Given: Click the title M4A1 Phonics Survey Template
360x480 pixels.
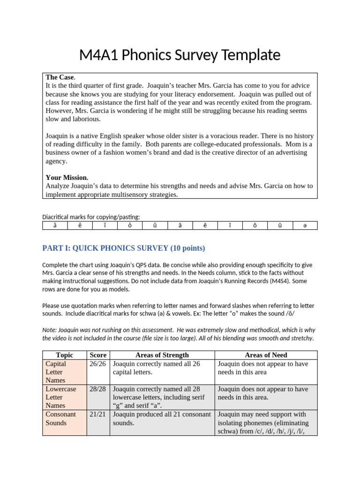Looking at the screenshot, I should (180, 55).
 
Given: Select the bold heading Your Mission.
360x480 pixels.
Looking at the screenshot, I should (67, 178).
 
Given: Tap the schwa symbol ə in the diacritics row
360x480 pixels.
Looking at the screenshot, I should (305, 226).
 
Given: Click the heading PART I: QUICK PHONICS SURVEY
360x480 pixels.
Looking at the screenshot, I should (124, 248).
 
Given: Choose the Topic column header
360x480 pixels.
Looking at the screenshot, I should (64, 355).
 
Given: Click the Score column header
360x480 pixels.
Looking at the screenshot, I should (97, 355).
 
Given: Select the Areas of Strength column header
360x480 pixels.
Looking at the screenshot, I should (161, 355).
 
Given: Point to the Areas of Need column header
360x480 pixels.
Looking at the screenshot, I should (266, 355).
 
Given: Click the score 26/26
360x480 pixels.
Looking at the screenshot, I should (97, 364).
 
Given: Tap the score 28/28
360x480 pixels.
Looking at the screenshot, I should (97, 389).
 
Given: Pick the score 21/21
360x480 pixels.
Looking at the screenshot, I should (97, 414).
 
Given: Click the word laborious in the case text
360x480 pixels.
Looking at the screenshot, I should (85, 119).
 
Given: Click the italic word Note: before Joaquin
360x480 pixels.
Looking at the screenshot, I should (50, 330).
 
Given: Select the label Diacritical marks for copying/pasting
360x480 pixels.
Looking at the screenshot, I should (91, 217).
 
